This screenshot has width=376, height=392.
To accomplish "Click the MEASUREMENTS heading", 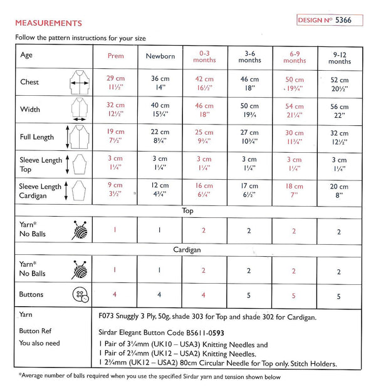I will [x=49, y=24].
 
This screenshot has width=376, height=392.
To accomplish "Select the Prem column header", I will [x=117, y=56].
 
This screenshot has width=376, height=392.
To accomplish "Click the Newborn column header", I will [x=160, y=56].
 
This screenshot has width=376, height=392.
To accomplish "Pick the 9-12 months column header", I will [x=339, y=58].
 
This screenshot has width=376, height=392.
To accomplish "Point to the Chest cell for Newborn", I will [x=160, y=84].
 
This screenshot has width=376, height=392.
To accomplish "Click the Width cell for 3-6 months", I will [x=250, y=110].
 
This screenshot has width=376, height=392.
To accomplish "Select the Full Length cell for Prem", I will [x=117, y=137].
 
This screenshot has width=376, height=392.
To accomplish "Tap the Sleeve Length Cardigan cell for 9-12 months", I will [x=339, y=190].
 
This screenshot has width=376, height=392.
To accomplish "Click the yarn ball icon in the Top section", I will [x=78, y=231].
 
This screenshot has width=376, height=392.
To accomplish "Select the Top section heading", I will [x=187, y=211].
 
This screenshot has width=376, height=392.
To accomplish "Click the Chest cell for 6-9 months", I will [x=295, y=84].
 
